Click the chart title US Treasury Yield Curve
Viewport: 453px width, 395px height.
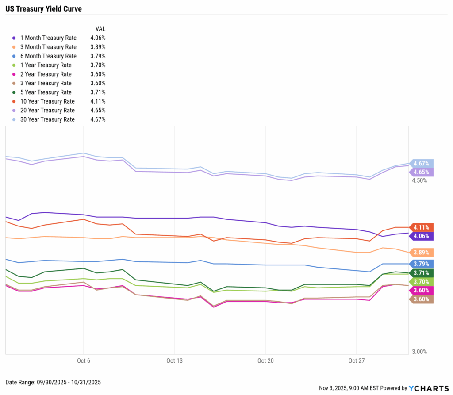pos(43,8)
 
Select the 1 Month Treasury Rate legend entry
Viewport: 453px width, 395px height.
pos(48,38)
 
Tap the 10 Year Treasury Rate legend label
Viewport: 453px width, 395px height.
pos(48,101)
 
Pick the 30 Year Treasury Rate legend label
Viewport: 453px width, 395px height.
pos(47,119)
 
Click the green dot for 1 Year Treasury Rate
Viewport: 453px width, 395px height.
pos(14,65)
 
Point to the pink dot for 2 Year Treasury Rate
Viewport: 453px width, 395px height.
pos(14,74)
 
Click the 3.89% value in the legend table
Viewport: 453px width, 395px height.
pos(97,47)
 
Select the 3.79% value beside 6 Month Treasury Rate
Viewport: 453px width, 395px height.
pos(97,56)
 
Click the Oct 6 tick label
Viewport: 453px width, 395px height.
pos(83,361)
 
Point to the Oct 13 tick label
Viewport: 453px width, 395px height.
pos(174,361)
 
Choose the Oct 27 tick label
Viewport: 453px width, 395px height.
pos(356,361)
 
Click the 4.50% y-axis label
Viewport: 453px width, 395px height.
pos(419,180)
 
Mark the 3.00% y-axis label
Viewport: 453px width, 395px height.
pos(419,352)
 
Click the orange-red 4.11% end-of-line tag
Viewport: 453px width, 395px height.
pos(421,227)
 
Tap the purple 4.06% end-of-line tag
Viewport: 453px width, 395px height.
pos(421,236)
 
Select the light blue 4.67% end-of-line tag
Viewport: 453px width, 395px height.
pos(421,163)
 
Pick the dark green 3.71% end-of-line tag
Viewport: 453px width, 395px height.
pos(421,272)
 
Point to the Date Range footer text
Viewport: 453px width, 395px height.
pos(54,382)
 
